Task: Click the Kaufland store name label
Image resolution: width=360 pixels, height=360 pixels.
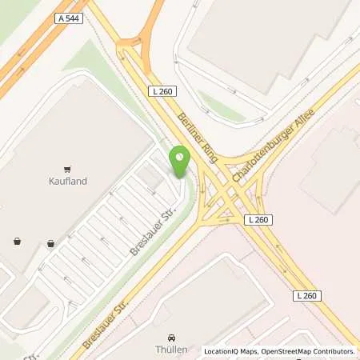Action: (x=67, y=182)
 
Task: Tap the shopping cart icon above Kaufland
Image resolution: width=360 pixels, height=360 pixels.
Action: (x=67, y=169)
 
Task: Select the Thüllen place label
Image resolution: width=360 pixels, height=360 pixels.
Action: (x=171, y=350)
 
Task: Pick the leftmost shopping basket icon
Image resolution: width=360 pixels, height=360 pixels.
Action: (x=17, y=240)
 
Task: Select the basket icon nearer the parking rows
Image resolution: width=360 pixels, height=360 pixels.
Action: (x=51, y=243)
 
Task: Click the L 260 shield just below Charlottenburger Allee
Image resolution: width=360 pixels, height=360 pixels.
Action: (x=258, y=220)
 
